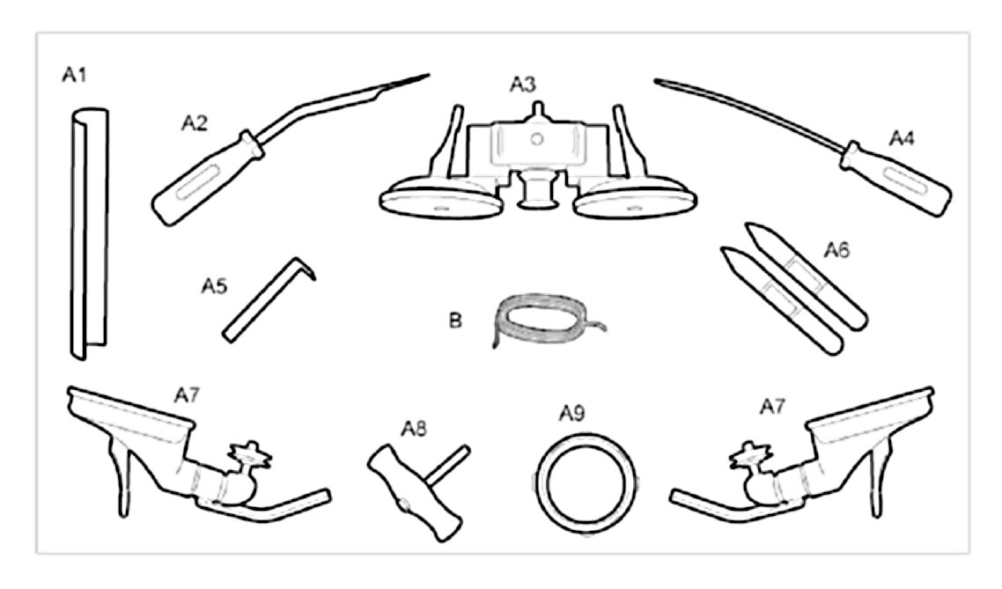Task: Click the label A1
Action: click(x=74, y=76)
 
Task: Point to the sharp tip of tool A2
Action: click(x=427, y=75)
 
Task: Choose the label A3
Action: click(x=524, y=85)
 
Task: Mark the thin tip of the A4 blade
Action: click(x=657, y=81)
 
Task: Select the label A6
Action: click(x=836, y=248)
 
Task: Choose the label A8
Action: click(x=414, y=428)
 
